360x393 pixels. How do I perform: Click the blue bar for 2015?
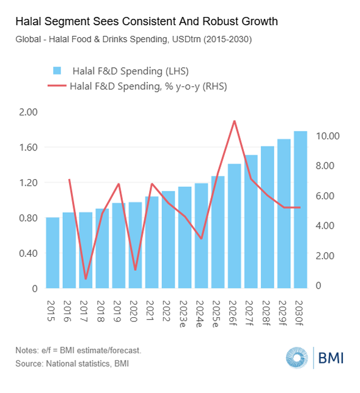[53, 252]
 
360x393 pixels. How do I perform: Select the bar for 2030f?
[300, 210]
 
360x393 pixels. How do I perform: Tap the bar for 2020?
[135, 245]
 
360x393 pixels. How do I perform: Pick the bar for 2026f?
[235, 226]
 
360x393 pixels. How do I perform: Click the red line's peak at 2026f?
[235, 121]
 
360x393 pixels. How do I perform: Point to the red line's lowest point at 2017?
[86, 279]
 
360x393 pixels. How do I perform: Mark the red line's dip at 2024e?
[201, 238]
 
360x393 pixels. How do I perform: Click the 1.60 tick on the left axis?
[28, 147]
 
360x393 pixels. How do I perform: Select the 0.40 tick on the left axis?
[28, 253]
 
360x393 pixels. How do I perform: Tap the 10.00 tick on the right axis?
[328, 136]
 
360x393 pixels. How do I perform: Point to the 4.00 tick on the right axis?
[325, 226]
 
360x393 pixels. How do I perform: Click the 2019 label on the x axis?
[117, 310]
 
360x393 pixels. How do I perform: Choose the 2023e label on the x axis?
[183, 314]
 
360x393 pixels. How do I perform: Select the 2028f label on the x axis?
[266, 313]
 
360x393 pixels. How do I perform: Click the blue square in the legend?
[57, 71]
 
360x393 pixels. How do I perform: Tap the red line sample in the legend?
[57, 86]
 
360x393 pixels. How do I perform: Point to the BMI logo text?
[331, 358]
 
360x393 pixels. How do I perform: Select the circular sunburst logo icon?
[297, 358]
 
